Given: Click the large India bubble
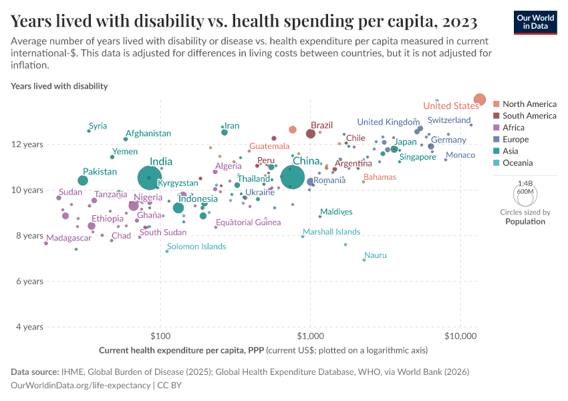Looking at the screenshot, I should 150,178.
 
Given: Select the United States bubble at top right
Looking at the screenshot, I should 480,100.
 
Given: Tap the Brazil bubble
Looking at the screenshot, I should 311,134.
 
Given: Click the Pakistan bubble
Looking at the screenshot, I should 83,180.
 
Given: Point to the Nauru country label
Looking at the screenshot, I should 375,255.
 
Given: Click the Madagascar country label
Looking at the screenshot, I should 69,238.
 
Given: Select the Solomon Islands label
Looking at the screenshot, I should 196,247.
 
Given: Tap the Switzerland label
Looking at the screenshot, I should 449,120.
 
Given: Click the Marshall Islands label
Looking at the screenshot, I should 331,232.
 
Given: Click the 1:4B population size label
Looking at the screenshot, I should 525,182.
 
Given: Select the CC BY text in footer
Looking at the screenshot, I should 170,385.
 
